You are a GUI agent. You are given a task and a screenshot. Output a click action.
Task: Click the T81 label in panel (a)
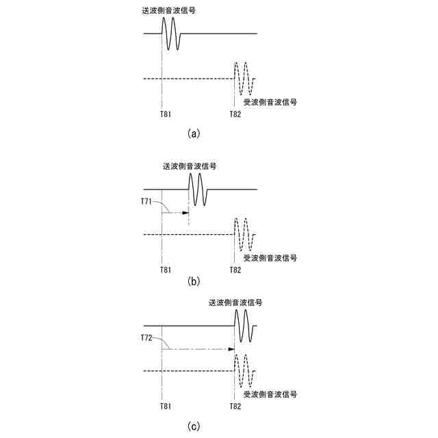165,114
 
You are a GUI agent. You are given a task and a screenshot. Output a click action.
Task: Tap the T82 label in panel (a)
235,114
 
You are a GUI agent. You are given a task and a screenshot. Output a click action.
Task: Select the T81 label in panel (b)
165,270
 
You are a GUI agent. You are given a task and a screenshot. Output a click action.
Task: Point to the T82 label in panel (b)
235,270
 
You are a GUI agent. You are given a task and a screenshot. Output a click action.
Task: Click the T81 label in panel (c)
165,407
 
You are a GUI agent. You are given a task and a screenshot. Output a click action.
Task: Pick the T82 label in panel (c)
235,407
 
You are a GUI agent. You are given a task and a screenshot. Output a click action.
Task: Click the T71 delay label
146,202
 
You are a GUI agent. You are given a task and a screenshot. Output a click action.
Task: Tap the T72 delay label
146,338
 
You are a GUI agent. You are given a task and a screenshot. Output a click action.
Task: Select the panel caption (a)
193,134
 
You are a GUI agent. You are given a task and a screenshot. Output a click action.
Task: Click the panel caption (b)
193,281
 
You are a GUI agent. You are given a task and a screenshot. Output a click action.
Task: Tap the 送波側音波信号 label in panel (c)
235,302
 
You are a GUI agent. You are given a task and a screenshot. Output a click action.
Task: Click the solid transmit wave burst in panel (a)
172,33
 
